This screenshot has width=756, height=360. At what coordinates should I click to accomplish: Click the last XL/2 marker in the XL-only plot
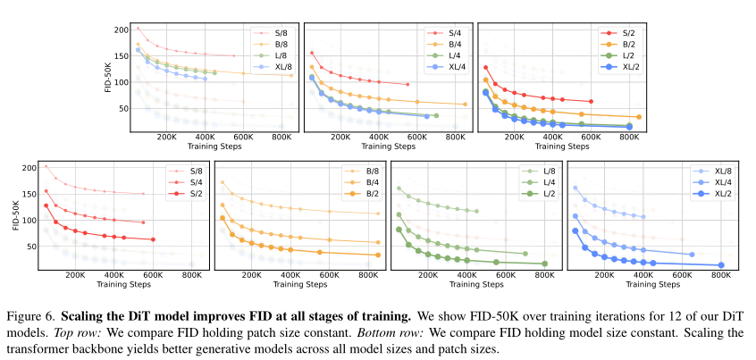(721, 264)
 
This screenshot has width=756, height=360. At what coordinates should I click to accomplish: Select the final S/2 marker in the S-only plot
(153, 239)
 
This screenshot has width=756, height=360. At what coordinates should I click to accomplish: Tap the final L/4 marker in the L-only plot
(525, 254)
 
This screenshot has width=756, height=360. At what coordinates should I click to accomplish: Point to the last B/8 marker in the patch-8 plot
(290, 76)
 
